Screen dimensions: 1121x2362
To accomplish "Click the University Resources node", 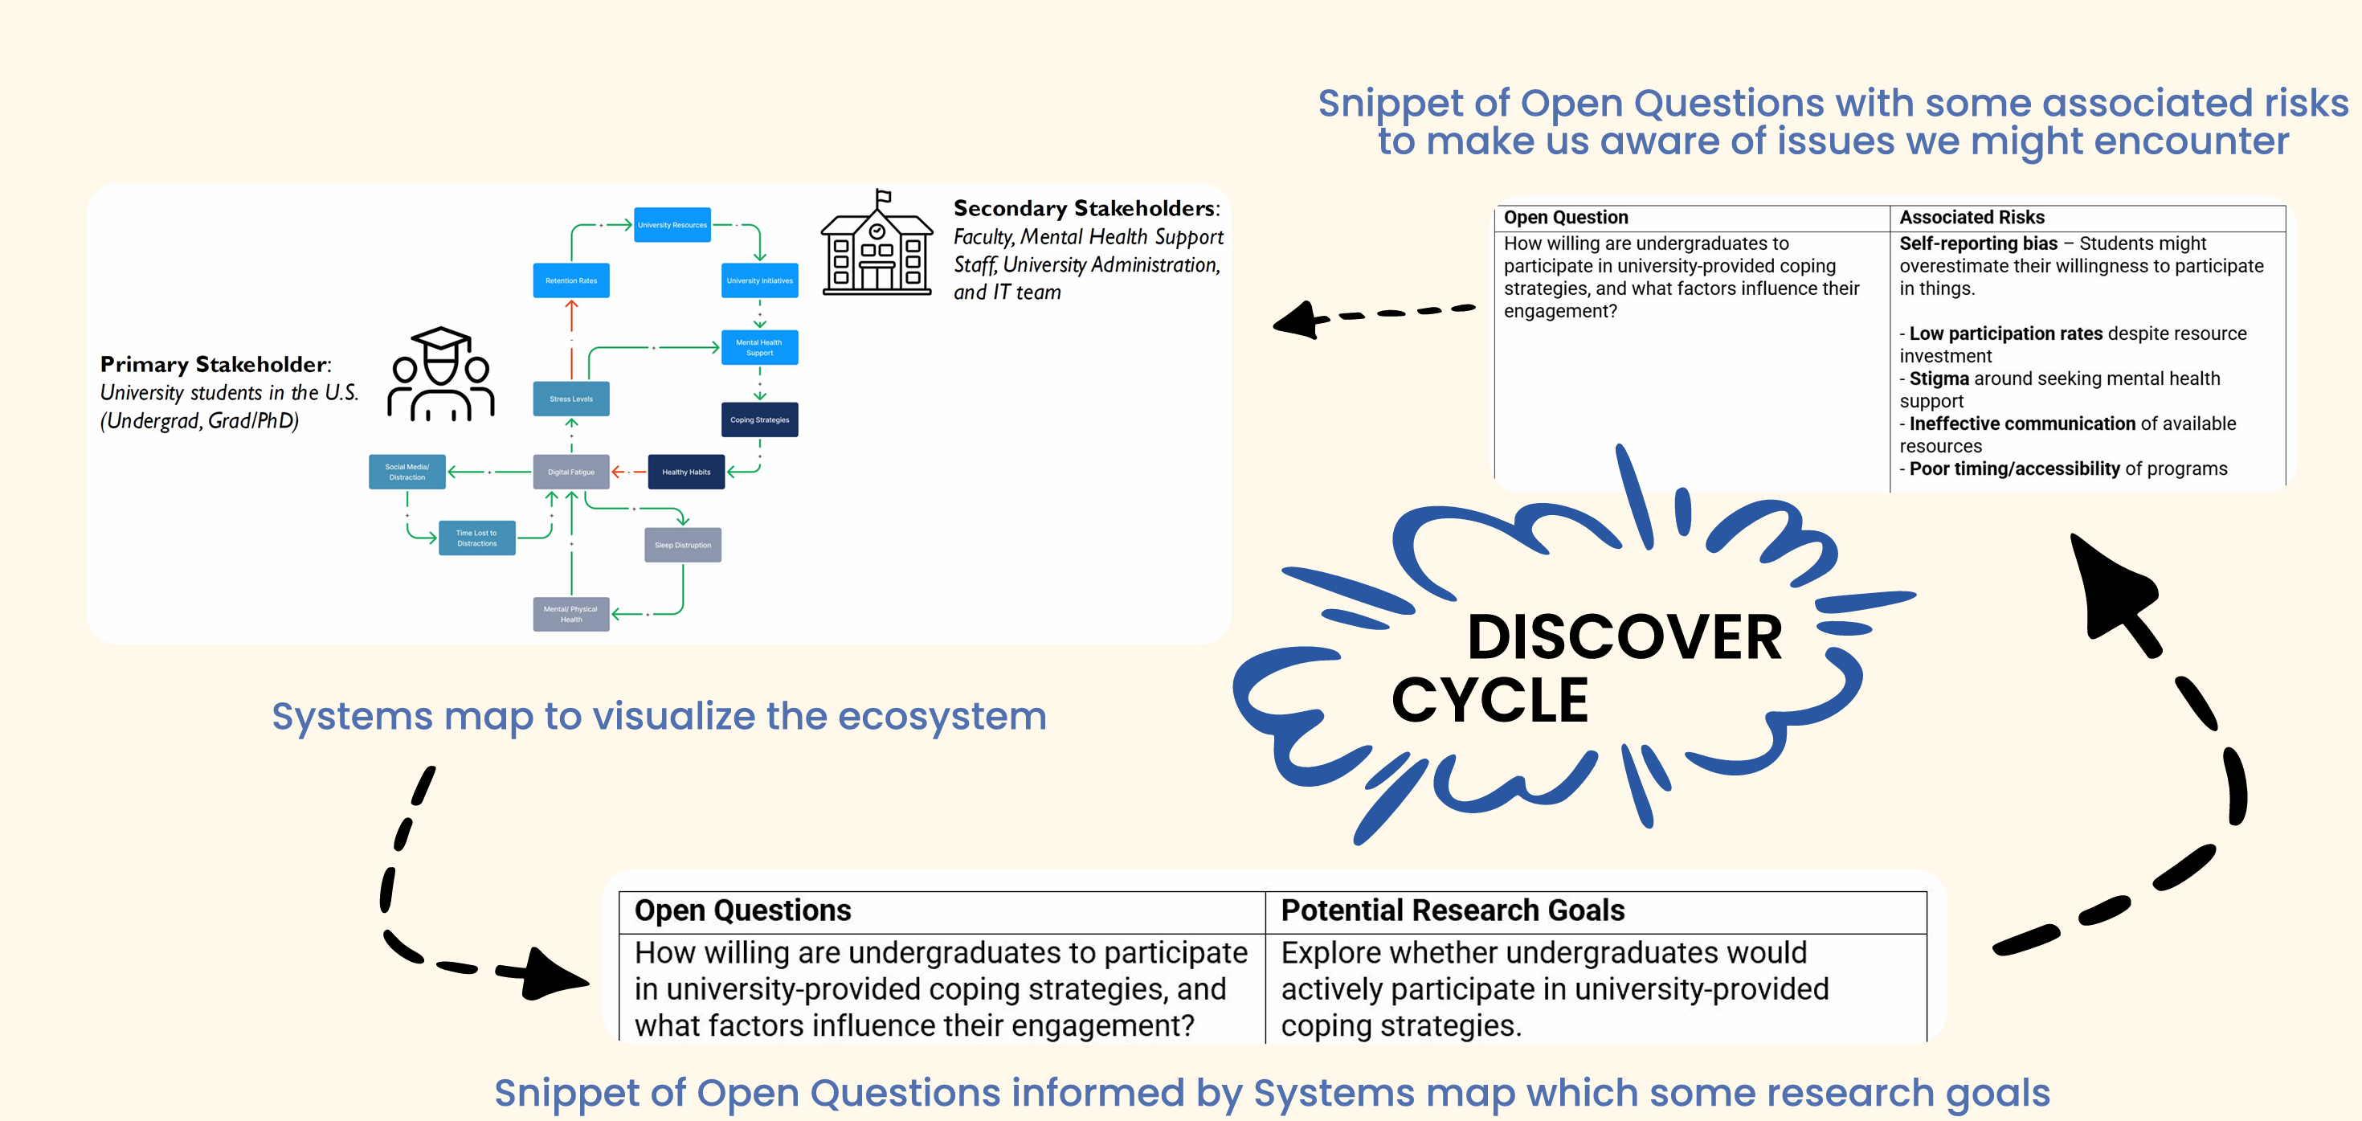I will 672,225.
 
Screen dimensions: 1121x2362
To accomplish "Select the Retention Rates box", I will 570,280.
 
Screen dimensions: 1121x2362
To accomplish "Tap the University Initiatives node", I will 759,280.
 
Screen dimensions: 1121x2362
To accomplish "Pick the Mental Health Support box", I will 759,348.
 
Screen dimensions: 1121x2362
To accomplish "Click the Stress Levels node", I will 570,399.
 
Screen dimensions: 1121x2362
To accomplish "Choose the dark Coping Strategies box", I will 759,420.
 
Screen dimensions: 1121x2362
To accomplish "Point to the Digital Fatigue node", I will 570,473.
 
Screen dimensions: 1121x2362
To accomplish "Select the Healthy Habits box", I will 686,473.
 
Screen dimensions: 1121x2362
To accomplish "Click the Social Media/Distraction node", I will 407,473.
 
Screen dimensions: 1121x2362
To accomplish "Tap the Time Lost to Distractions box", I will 476,538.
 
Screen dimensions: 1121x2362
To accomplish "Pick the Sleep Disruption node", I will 682,545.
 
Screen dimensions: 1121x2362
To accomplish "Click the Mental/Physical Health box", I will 570,615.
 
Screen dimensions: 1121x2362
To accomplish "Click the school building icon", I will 877,246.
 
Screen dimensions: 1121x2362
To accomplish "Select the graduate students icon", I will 441,376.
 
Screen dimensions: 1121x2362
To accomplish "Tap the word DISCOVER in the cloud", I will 1624,637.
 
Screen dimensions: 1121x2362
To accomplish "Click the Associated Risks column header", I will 1972,218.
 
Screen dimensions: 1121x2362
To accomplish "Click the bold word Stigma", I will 1939,378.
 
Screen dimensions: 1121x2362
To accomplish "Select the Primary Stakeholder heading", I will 215,364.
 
